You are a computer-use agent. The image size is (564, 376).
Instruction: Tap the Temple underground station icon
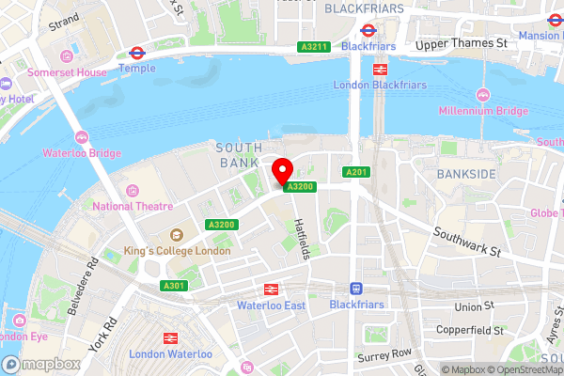[136, 54]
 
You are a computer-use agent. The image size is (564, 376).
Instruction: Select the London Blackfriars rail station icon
[380, 69]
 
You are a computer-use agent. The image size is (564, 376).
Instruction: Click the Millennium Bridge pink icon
[483, 95]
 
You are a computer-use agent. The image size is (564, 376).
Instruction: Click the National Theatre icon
[133, 191]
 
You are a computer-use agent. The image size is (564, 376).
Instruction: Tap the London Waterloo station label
[171, 353]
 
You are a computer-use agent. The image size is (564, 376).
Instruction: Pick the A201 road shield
[355, 172]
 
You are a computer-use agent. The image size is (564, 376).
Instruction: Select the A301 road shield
[173, 286]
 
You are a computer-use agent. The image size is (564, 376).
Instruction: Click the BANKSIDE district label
[466, 175]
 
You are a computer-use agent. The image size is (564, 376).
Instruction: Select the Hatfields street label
[301, 237]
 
